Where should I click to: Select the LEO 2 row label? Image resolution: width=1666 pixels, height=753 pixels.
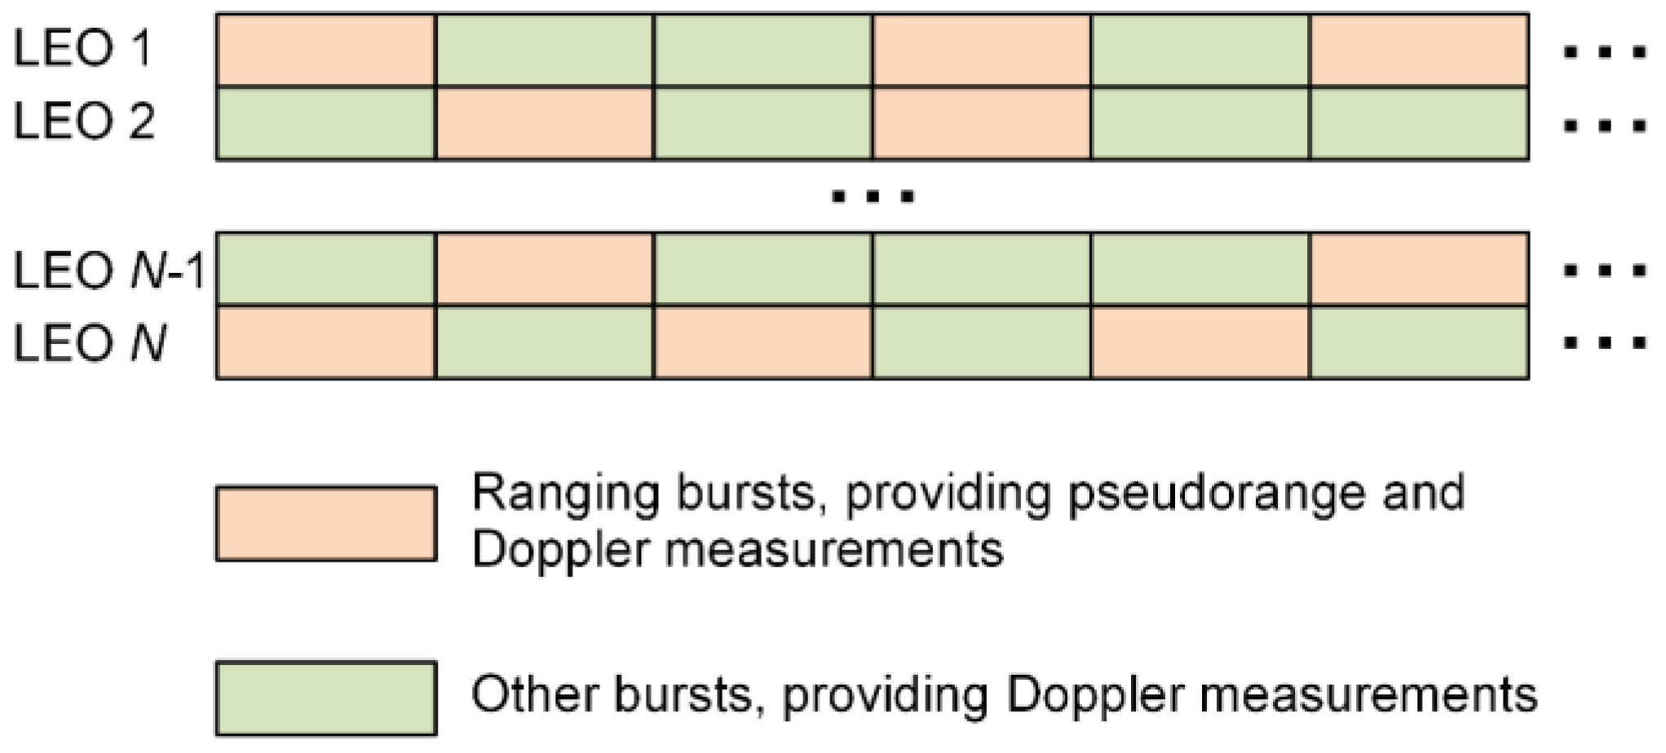click(x=83, y=122)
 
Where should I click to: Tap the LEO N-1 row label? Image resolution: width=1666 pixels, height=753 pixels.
click(x=108, y=270)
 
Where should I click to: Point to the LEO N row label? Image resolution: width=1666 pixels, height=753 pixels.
click(x=89, y=343)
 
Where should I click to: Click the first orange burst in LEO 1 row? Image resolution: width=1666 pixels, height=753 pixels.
click(x=326, y=51)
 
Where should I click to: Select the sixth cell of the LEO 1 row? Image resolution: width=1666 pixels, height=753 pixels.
click(x=1419, y=51)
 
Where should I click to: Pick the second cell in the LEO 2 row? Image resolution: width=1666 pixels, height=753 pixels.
click(x=545, y=123)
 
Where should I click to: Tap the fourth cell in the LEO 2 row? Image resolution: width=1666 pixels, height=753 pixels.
click(x=982, y=123)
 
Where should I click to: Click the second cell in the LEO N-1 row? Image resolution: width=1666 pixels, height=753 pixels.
click(x=545, y=270)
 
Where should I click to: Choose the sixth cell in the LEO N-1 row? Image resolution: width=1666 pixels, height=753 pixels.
click(x=1419, y=270)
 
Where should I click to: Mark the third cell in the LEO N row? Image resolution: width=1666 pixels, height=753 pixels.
click(x=763, y=343)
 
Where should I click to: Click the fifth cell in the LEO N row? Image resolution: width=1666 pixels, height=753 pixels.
click(x=1200, y=343)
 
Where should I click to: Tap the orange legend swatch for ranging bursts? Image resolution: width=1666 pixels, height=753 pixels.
click(x=326, y=523)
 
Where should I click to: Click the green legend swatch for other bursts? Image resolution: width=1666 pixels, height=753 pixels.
click(x=326, y=698)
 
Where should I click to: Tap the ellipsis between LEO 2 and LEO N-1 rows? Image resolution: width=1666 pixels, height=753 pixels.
click(x=873, y=196)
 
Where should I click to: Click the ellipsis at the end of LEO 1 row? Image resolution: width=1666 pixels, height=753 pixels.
click(x=1603, y=53)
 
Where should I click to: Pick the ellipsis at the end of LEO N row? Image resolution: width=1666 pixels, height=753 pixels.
click(x=1603, y=343)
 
